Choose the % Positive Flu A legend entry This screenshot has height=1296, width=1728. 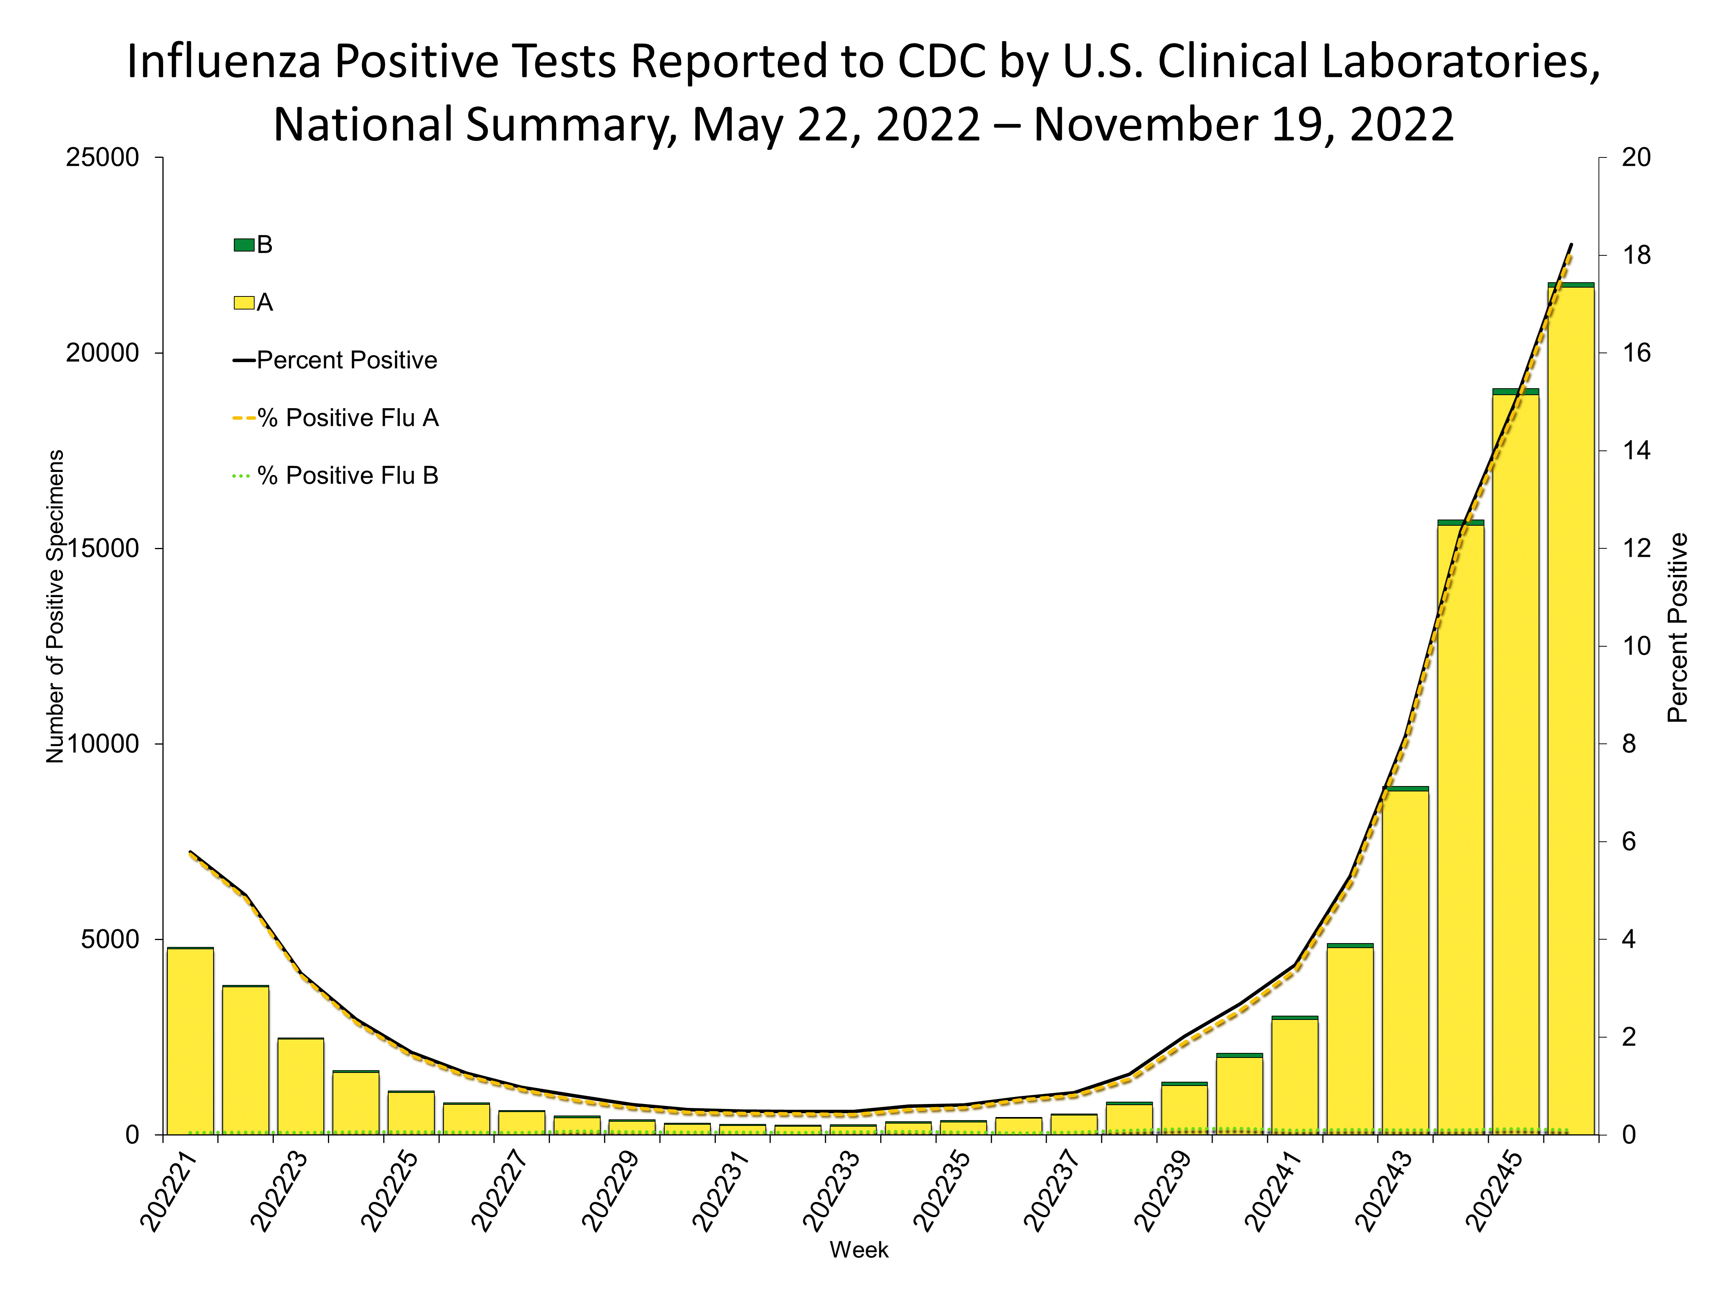(x=336, y=418)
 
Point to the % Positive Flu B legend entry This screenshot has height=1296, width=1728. (x=336, y=476)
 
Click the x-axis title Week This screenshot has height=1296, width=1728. (x=859, y=1250)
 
